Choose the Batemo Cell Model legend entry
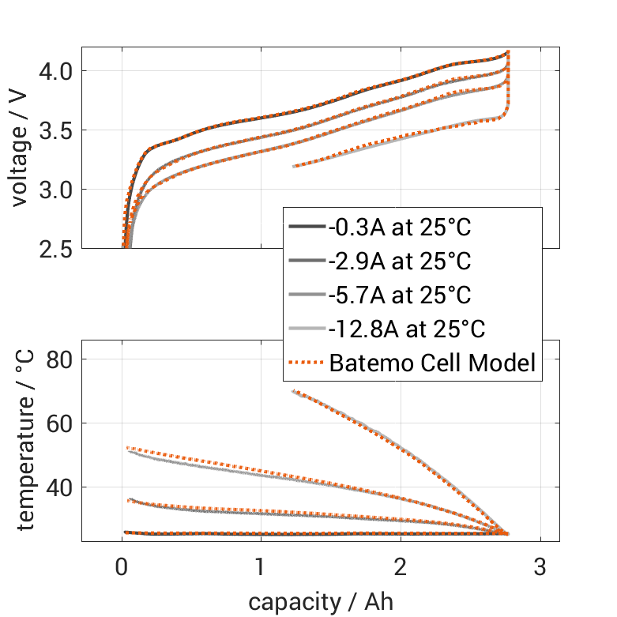433,363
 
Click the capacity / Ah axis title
320,602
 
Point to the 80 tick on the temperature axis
60,359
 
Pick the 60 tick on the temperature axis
60,423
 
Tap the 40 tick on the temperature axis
60,487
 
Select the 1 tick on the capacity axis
261,567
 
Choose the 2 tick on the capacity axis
401,567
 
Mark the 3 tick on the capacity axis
540,567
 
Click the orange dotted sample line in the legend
304,363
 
